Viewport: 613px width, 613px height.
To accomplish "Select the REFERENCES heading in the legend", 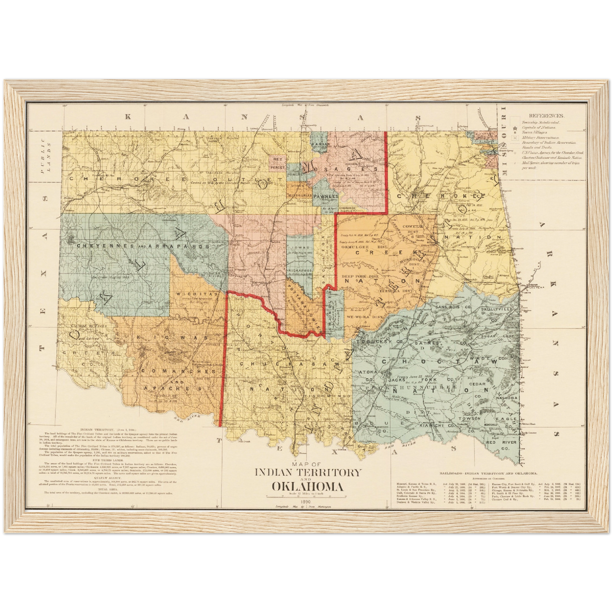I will coord(546,115).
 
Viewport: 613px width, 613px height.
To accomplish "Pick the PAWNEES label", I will coord(325,197).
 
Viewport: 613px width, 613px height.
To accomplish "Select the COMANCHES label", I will coord(178,371).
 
